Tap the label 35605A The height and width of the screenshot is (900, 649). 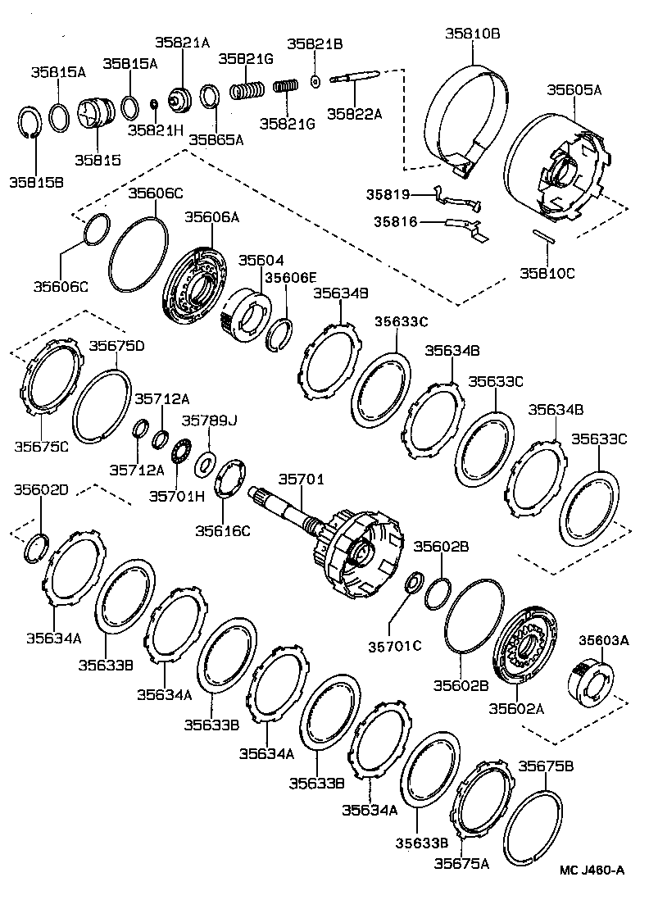574,90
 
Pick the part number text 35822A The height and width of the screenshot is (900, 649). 356,114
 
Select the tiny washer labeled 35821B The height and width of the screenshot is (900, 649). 315,80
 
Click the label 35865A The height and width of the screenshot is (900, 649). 216,139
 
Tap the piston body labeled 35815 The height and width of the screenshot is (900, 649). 98,121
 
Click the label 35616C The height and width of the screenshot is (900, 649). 222,530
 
